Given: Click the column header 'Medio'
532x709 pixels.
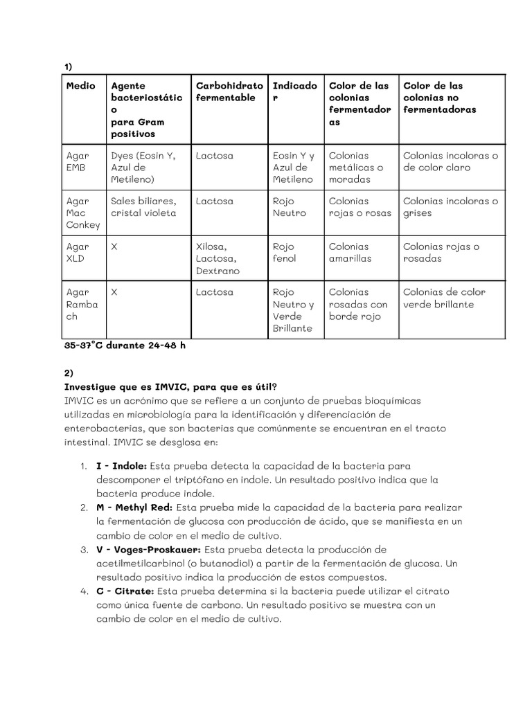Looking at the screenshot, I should [x=80, y=86].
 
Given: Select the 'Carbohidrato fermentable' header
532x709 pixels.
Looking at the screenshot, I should [x=229, y=92].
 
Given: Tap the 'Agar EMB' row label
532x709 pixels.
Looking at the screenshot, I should [x=78, y=161].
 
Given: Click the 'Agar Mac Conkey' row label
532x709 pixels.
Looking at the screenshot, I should [x=82, y=213].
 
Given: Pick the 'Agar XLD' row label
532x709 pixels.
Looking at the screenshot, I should [x=78, y=252].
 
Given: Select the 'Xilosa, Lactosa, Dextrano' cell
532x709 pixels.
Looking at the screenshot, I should [x=218, y=258].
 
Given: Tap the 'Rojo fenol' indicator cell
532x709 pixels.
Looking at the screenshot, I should [x=285, y=252].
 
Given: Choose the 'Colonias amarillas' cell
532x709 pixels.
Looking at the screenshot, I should [x=350, y=252].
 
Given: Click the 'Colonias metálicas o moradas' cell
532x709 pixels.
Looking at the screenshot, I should [x=356, y=168].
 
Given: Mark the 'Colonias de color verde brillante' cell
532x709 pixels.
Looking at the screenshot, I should [x=444, y=298].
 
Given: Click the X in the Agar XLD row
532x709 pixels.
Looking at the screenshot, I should [x=114, y=246].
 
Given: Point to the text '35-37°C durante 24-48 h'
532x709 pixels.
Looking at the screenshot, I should [x=125, y=345].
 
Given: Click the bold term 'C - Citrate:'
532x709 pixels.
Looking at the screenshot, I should [x=125, y=591].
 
